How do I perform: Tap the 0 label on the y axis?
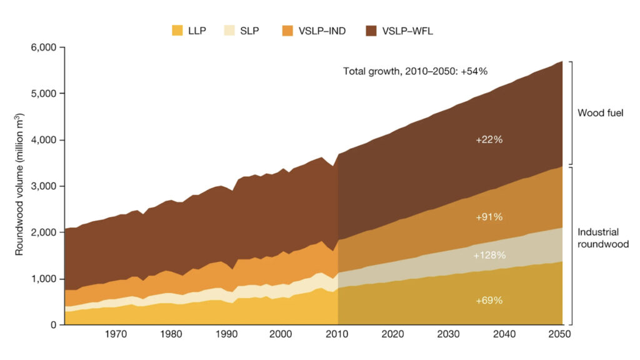(53, 325)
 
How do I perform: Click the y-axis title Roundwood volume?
(19, 184)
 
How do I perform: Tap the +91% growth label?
(489, 217)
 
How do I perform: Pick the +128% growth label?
(489, 256)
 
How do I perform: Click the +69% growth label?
(489, 301)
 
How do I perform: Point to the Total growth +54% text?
(415, 71)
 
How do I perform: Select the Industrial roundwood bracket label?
(601, 239)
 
